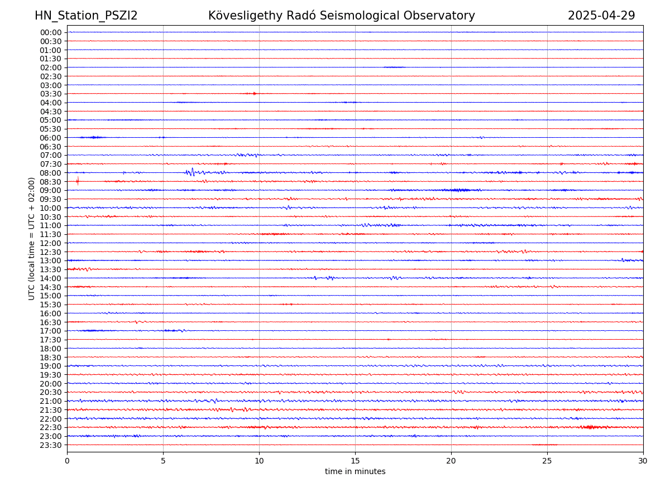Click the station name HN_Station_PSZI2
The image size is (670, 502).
pos(86,16)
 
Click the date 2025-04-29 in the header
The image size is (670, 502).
pos(601,16)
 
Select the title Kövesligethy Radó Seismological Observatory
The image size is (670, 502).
pos(341,16)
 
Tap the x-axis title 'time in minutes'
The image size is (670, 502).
pos(355,472)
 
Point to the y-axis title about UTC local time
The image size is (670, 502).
pos(32,238)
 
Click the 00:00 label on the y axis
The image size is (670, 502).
pos(50,32)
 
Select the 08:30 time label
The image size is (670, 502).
pos(50,182)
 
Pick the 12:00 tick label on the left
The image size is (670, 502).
pos(50,243)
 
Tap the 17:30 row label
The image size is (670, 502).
pos(50,340)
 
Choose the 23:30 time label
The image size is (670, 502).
pos(50,445)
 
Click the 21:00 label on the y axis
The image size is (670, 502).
pos(50,401)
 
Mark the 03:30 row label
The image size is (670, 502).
pos(50,94)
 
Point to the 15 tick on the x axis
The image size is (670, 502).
pos(355,461)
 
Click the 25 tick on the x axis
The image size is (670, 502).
pos(547,461)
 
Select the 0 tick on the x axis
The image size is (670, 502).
pos(67,461)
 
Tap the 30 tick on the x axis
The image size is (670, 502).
pos(643,461)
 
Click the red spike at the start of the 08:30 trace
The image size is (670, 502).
pos(78,181)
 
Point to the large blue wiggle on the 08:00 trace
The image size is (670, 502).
pos(192,172)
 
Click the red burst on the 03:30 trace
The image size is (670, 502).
pos(254,93)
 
